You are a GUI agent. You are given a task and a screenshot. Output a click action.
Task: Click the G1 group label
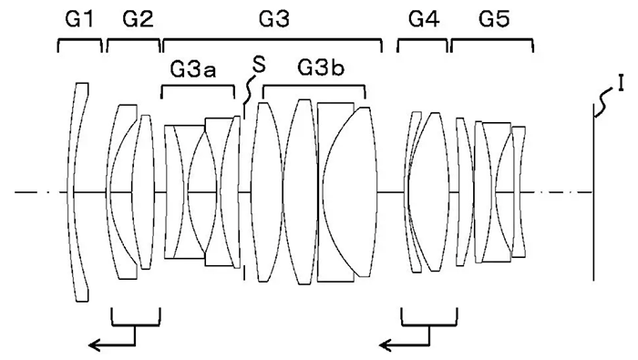(79, 19)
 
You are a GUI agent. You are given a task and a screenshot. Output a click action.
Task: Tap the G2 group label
(138, 19)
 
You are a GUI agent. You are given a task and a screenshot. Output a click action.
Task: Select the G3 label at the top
(274, 19)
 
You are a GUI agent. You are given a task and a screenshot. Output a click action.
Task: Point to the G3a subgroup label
(193, 69)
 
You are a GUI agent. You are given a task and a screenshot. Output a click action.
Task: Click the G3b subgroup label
(321, 68)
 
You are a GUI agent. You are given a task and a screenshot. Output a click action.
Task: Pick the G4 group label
(424, 19)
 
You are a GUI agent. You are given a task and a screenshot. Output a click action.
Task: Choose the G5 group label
(494, 19)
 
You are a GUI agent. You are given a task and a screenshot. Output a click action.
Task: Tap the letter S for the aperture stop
(259, 65)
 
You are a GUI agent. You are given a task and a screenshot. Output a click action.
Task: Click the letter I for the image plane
(621, 84)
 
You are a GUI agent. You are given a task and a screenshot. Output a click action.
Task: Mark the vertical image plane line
(593, 192)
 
